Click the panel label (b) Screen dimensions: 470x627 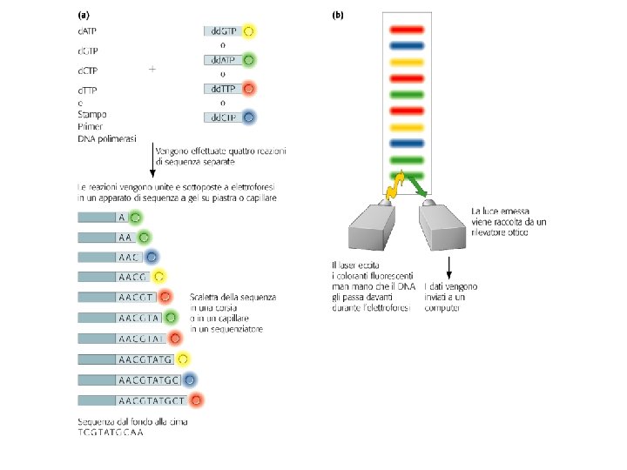point(337,15)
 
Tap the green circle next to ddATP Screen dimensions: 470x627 point(249,61)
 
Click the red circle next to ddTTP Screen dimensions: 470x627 point(249,89)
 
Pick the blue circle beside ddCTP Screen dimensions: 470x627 point(249,117)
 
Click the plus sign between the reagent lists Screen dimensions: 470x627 point(153,68)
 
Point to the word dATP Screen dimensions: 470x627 point(87,31)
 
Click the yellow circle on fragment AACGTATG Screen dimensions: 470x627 point(182,359)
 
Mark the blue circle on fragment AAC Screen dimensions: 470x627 point(152,257)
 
